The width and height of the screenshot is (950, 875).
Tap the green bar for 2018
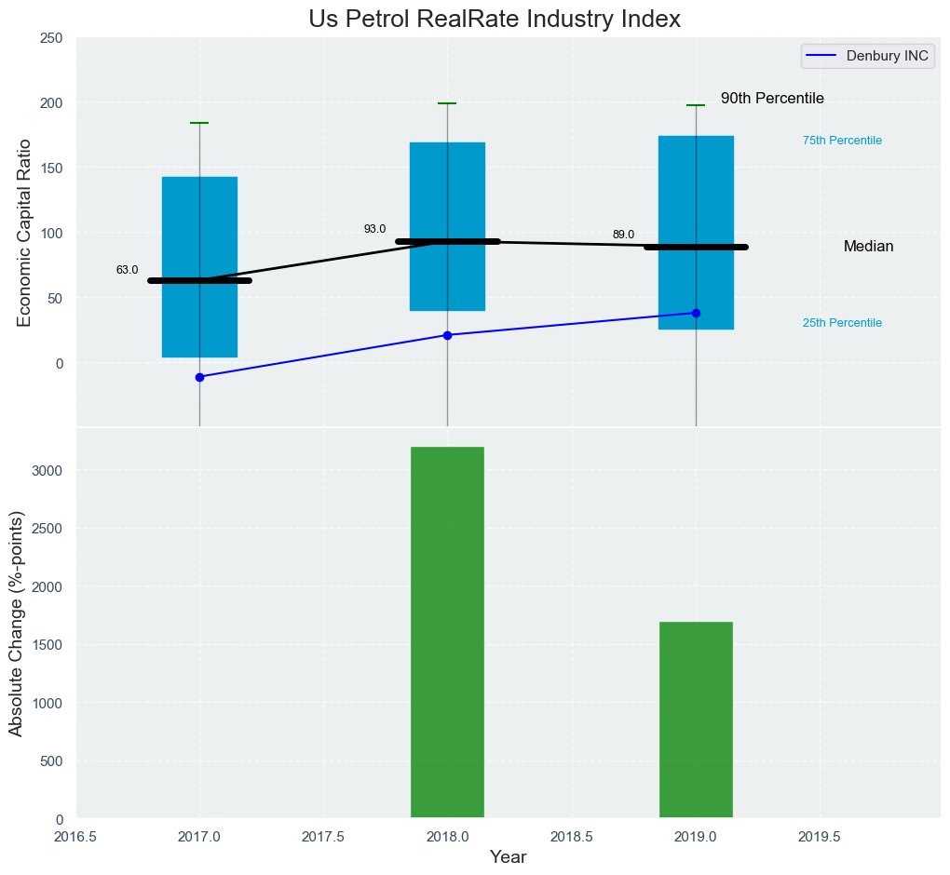[x=447, y=633]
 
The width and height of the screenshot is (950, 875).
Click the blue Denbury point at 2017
[x=199, y=377]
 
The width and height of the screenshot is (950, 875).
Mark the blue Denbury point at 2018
[x=447, y=335]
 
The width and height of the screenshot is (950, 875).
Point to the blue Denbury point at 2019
[x=696, y=313]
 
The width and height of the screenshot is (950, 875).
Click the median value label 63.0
[x=127, y=270]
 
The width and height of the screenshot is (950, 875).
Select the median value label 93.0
[x=374, y=229]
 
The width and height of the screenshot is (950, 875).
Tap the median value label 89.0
[x=623, y=235]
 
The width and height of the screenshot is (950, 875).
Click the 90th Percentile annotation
[x=772, y=99]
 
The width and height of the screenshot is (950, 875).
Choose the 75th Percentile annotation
[x=842, y=141]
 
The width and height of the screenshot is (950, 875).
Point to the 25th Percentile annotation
[x=842, y=323]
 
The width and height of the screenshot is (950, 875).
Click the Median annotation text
[x=868, y=247]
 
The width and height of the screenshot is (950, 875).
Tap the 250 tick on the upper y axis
[x=51, y=37]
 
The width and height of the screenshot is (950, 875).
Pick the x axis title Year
[x=508, y=857]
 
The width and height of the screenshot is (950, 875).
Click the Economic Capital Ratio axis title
[x=24, y=232]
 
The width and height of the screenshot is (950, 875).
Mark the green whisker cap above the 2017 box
[x=199, y=123]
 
